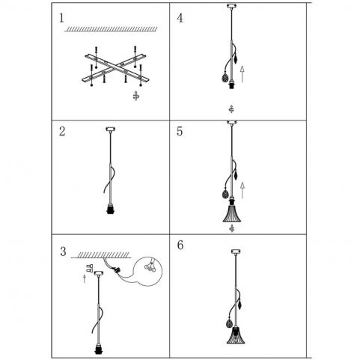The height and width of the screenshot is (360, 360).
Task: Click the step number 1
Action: pyautogui.click(x=61, y=18)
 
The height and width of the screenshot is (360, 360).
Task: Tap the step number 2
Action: pyautogui.click(x=62, y=132)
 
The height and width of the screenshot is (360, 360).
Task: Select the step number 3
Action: pyautogui.click(x=63, y=251)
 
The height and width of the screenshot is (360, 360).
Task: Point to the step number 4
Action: pyautogui.click(x=180, y=18)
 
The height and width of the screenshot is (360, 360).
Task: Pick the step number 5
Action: pyautogui.click(x=180, y=132)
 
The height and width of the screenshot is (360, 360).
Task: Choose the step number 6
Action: pyautogui.click(x=180, y=245)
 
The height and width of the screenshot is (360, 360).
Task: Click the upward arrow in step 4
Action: pyautogui.click(x=242, y=74)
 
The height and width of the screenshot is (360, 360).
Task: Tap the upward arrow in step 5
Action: pyautogui.click(x=242, y=190)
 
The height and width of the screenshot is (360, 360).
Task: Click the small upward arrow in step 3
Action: pyautogui.click(x=85, y=278)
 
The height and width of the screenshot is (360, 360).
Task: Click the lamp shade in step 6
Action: pyautogui.click(x=236, y=335)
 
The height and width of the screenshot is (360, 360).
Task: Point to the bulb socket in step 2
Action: pyautogui.click(x=110, y=209)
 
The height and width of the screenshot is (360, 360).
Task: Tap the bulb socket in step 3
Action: pyautogui.click(x=99, y=348)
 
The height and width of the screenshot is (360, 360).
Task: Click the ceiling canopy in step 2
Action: pyautogui.click(x=110, y=129)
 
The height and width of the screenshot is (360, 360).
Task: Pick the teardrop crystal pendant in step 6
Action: pyautogui.click(x=230, y=323)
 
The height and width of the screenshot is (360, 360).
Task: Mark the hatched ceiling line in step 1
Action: pyautogui.click(x=111, y=29)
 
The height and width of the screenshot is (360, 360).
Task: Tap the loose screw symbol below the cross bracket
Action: pyautogui.click(x=136, y=96)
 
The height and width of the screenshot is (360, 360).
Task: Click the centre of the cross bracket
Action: pyautogui.click(x=115, y=68)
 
